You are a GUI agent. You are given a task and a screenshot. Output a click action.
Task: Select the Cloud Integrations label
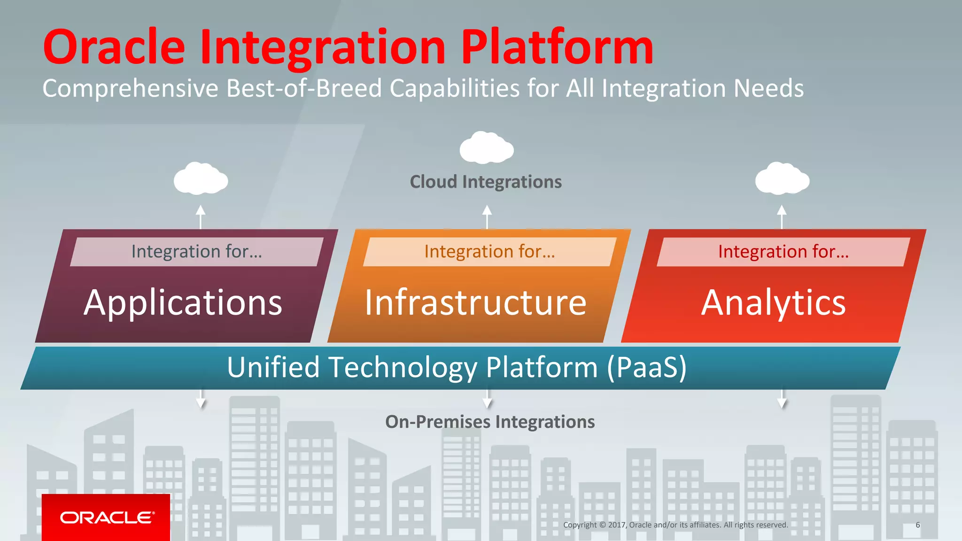(486, 182)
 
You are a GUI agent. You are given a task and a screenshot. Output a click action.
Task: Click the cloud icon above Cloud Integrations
(487, 148)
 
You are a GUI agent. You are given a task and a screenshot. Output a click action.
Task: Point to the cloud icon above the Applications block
(201, 178)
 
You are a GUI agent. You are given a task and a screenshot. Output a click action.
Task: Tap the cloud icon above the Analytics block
(782, 178)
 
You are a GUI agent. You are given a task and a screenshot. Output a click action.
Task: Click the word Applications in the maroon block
(183, 303)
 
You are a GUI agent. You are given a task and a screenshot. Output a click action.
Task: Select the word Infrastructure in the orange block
(475, 303)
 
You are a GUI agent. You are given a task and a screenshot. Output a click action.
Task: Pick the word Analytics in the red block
(773, 303)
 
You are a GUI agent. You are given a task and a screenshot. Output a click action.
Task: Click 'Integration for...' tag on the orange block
(489, 252)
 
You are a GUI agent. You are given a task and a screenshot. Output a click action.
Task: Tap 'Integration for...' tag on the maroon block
(196, 252)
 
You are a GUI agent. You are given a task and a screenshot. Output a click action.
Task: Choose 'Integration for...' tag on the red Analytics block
(783, 252)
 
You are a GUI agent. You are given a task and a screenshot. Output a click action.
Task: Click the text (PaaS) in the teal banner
(646, 367)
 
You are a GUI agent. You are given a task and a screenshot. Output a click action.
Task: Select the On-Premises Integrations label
(490, 422)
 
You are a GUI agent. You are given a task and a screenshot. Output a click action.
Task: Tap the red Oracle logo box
(106, 517)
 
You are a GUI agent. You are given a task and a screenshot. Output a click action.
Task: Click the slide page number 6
(917, 525)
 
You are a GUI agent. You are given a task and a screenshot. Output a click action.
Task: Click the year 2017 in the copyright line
(616, 525)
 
